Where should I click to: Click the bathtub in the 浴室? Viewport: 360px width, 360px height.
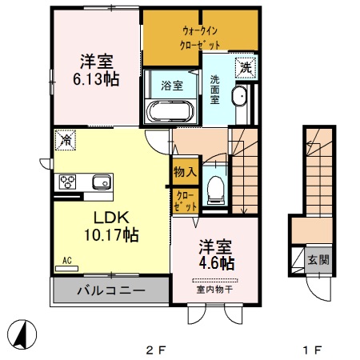click(170, 111)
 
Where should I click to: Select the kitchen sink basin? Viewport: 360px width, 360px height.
click(102, 182)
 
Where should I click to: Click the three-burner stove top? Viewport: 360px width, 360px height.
click(67, 182)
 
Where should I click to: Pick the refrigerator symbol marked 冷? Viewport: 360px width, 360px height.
click(66, 140)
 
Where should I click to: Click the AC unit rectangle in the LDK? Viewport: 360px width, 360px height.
click(66, 269)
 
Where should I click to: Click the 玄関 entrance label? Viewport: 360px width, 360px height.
click(318, 260)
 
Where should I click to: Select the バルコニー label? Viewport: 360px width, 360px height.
click(111, 290)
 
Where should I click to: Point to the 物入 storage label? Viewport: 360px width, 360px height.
click(186, 172)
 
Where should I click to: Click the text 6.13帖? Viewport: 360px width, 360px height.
click(96, 79)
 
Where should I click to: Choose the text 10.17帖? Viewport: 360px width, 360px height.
click(111, 234)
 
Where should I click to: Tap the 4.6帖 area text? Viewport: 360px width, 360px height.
click(217, 263)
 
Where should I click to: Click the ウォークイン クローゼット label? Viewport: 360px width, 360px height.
click(200, 38)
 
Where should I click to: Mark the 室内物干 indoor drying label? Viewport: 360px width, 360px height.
click(214, 290)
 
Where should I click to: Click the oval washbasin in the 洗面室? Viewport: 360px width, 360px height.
click(239, 96)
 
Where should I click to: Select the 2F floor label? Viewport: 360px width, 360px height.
click(156, 350)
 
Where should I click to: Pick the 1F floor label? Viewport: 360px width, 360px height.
click(312, 350)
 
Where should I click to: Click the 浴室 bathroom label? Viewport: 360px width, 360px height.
click(172, 86)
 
